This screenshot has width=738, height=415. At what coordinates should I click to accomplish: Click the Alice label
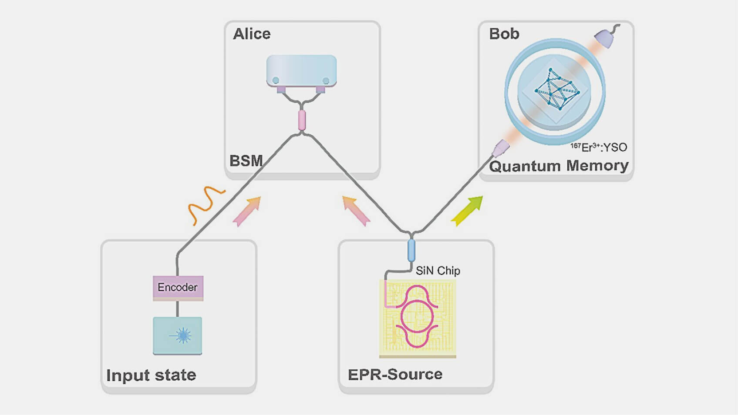[x=252, y=34]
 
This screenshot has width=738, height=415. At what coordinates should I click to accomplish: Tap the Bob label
[x=504, y=34]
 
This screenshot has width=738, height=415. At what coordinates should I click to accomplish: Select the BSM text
[x=246, y=161]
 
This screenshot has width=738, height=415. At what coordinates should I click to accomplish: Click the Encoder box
[x=178, y=288]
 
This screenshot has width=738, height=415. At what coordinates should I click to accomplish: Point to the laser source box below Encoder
[x=178, y=335]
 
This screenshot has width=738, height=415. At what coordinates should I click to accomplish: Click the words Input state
[x=151, y=375]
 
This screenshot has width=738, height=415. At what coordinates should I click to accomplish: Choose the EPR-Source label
[x=395, y=374]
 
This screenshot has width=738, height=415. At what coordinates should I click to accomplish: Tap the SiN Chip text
[x=438, y=271]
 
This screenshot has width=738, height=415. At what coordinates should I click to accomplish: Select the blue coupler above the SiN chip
[x=411, y=251]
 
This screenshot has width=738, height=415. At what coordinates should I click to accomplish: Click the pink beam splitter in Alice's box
[x=302, y=120]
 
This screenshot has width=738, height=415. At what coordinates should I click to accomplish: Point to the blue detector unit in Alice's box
[x=301, y=70]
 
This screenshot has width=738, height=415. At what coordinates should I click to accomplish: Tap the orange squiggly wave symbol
[x=206, y=204]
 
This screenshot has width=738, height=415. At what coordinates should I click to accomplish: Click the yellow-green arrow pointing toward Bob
[x=467, y=211]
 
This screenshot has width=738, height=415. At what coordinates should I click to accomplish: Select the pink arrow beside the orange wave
[x=247, y=211]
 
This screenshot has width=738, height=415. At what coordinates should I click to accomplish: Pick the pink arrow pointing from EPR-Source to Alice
[x=356, y=211]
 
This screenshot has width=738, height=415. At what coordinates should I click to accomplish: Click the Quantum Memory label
[x=559, y=166]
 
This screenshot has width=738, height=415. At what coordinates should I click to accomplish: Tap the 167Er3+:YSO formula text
[x=599, y=147]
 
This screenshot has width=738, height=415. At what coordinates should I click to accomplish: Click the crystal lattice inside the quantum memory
[x=556, y=89]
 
